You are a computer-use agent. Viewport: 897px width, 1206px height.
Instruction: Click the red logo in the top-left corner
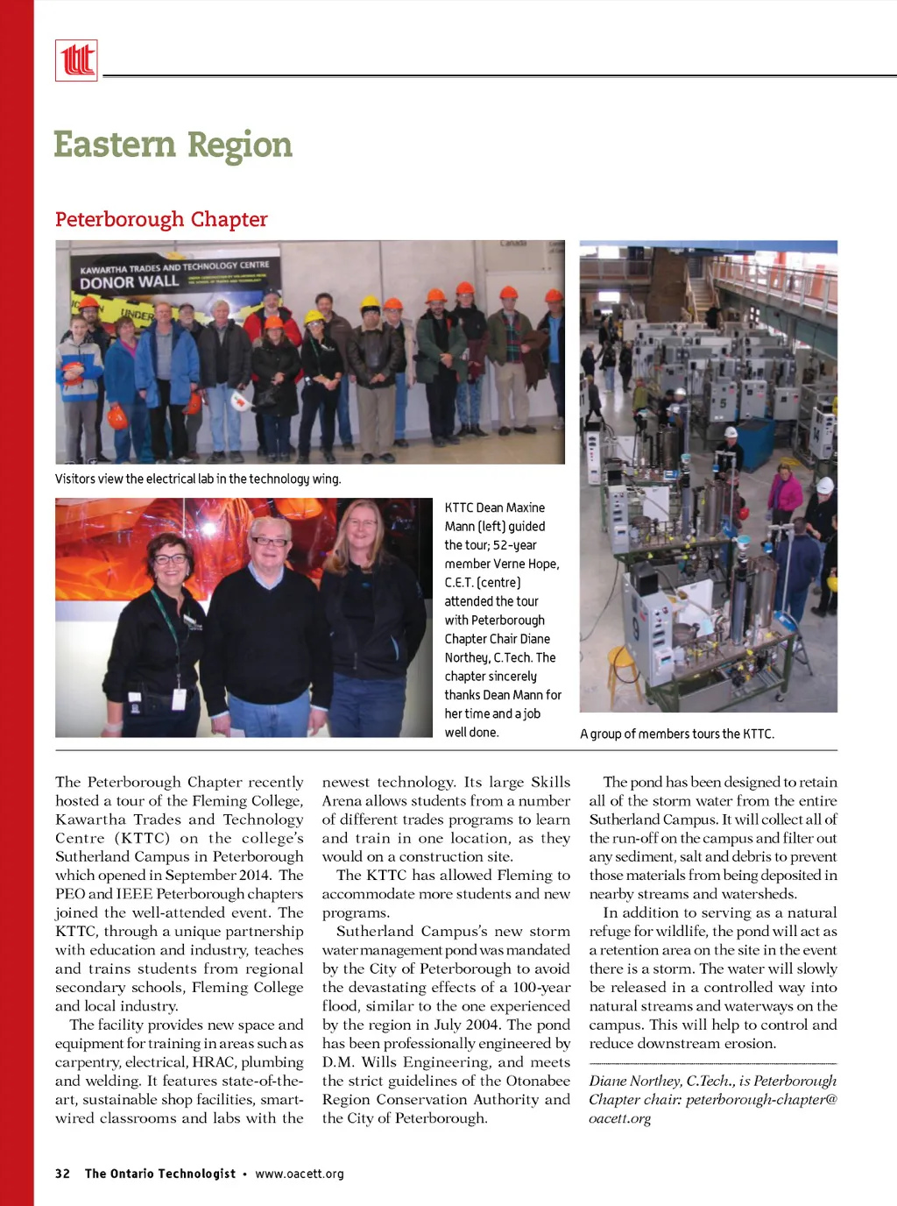(x=76, y=60)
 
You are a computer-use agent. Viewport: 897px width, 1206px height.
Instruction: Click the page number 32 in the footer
(x=62, y=1174)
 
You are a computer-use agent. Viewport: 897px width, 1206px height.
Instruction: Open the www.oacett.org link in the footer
(x=300, y=1174)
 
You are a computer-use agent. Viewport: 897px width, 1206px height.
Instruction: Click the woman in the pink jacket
(x=785, y=493)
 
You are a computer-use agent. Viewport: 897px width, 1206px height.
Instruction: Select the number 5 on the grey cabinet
(x=724, y=405)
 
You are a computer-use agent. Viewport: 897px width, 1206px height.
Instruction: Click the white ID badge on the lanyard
(x=179, y=699)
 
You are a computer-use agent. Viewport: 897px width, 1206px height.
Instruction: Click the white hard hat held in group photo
(x=239, y=401)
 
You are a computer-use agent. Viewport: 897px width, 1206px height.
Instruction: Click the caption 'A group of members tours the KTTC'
(x=677, y=734)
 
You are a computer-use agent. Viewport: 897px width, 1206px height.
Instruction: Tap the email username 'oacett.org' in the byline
(x=619, y=1118)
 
